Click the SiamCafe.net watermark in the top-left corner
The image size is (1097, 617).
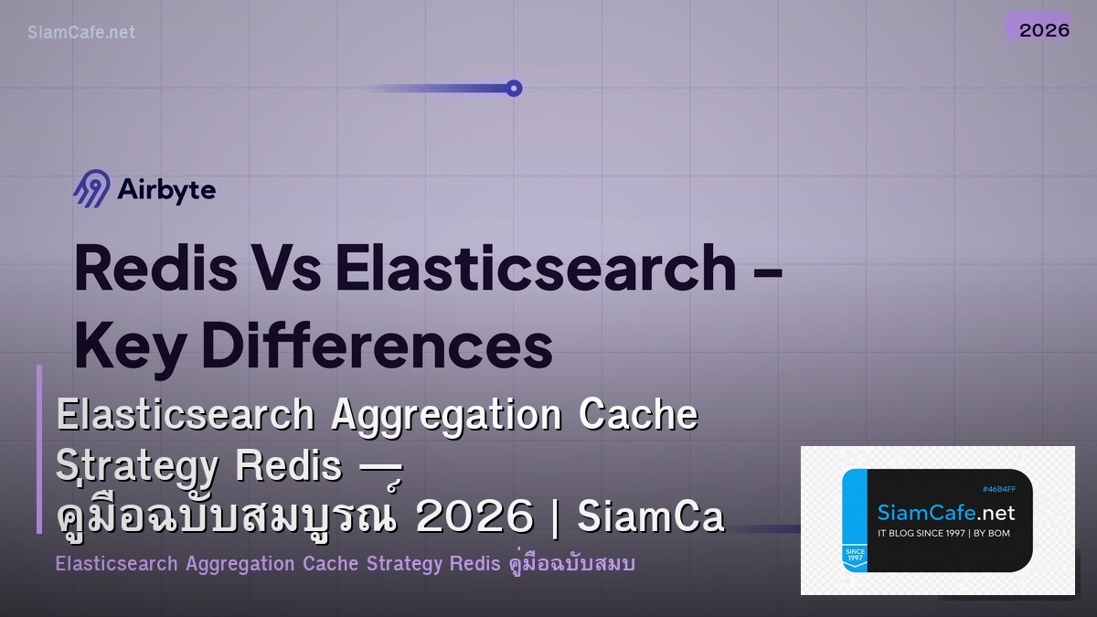click(81, 32)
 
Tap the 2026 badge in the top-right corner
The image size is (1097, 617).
click(1044, 29)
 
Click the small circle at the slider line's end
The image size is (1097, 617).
click(514, 89)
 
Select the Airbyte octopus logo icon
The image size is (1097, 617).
click(91, 189)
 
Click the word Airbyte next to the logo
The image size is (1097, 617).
click(166, 190)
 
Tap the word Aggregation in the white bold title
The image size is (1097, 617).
click(447, 416)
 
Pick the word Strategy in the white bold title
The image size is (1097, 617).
click(137, 468)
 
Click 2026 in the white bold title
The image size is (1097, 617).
click(474, 518)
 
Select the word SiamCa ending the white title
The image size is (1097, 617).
click(651, 518)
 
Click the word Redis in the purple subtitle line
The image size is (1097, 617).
click(474, 564)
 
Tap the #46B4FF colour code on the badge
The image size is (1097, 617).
click(999, 489)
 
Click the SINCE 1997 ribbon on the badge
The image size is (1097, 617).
click(855, 556)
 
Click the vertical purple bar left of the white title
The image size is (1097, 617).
click(39, 448)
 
